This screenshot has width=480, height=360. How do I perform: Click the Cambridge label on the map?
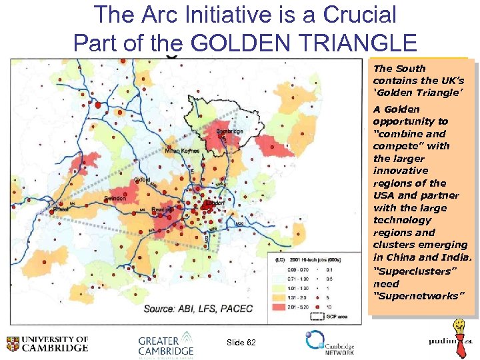[x=229, y=131]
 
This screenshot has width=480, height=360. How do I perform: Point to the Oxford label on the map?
[x=141, y=180]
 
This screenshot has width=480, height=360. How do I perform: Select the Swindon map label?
[x=114, y=199]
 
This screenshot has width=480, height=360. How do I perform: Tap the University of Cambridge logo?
[x=47, y=343]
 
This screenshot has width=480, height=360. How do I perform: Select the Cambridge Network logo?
[x=329, y=343]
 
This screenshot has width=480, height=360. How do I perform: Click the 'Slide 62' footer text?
[x=241, y=342]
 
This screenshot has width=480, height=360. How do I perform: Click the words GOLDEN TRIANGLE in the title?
[x=303, y=42]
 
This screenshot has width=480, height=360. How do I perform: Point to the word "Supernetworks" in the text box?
[x=408, y=295]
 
